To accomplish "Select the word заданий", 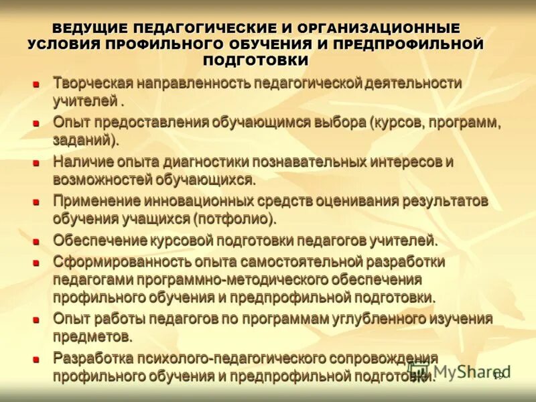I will tap(82, 140).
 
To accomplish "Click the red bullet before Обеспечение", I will tap(37, 241).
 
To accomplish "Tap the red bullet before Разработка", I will tap(37, 358).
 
